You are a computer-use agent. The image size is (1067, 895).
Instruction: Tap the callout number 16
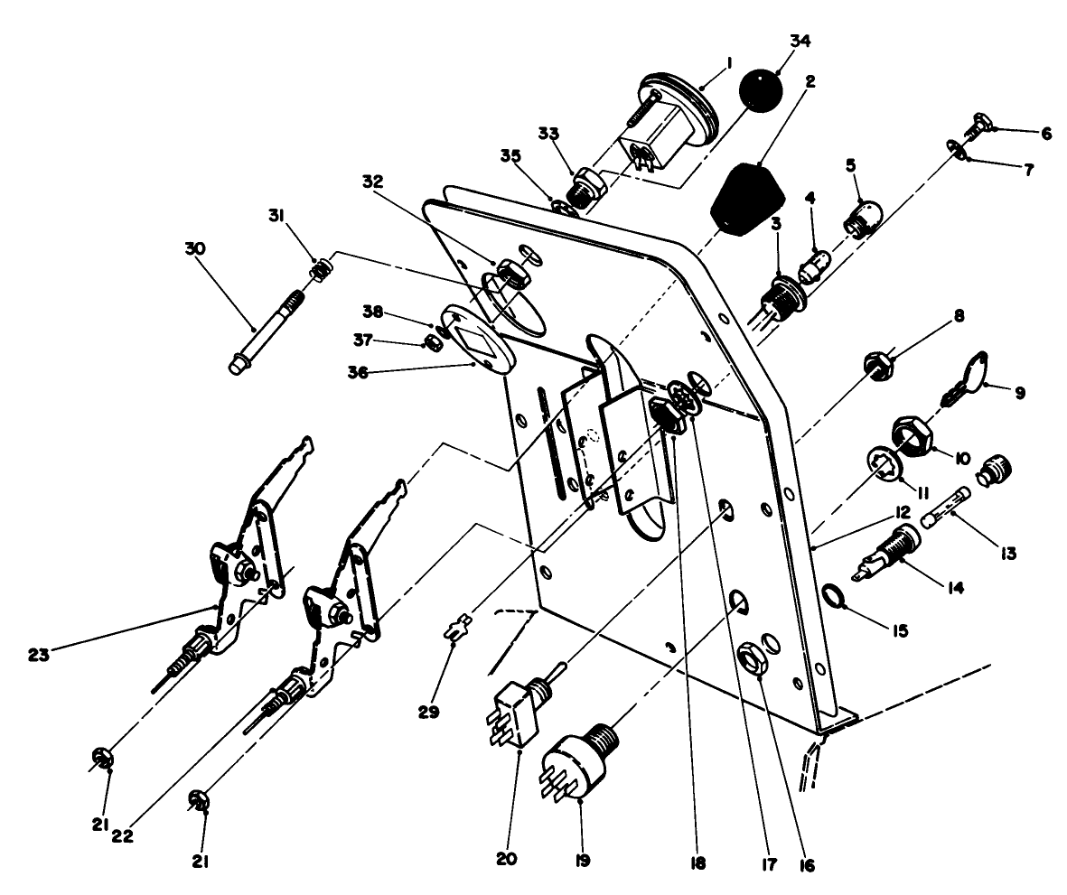pos(806,865)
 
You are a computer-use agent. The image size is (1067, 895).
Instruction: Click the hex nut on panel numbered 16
pos(753,657)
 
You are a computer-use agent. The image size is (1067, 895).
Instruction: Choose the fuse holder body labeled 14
pos(893,553)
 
